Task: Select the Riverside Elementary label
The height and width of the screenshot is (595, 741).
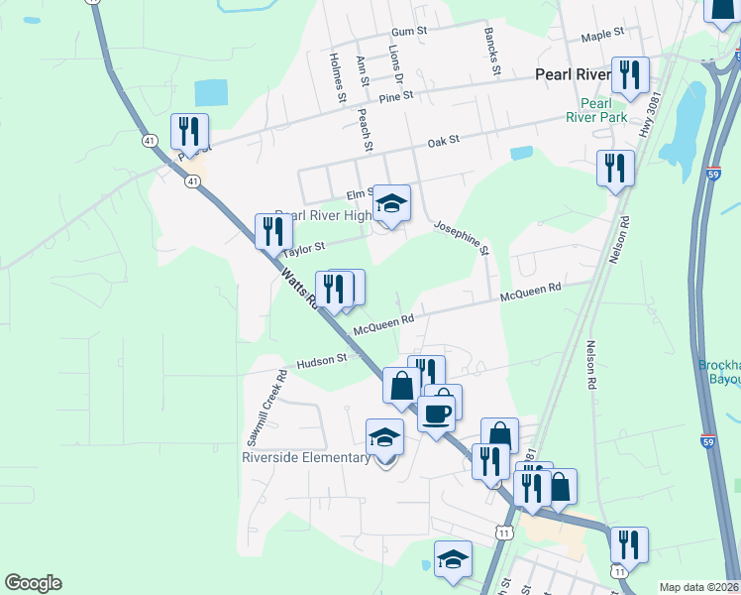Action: pos(305,457)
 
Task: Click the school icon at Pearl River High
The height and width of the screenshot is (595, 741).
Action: pos(391,203)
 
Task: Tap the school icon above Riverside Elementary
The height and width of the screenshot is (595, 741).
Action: pos(384,436)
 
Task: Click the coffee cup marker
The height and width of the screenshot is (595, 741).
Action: pos(436,413)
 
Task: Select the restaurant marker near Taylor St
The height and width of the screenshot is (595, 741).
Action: pos(271,232)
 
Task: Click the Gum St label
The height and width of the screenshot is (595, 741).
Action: pos(408,32)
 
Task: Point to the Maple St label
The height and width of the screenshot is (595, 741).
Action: pos(601,35)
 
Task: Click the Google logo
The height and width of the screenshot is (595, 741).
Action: pos(33,583)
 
